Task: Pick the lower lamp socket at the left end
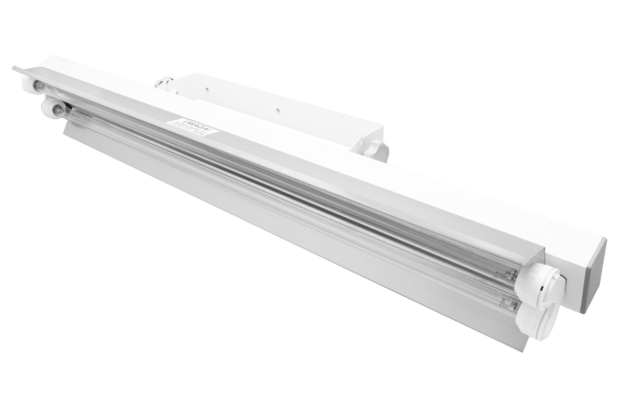(50, 107)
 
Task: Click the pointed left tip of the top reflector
(14, 68)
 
